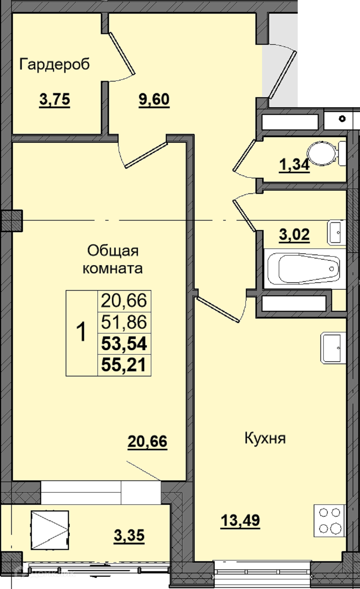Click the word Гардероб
tap(55, 65)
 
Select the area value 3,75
tap(55, 100)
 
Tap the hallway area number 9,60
tap(154, 100)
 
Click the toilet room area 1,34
tap(294, 165)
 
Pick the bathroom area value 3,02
tap(294, 234)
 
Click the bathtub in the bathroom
tap(304, 269)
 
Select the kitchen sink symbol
tap(333, 348)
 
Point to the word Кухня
tap(265, 438)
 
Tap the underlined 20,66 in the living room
tap(148, 441)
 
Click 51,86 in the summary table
tap(124, 322)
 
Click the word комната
tap(113, 269)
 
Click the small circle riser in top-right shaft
tap(342, 119)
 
